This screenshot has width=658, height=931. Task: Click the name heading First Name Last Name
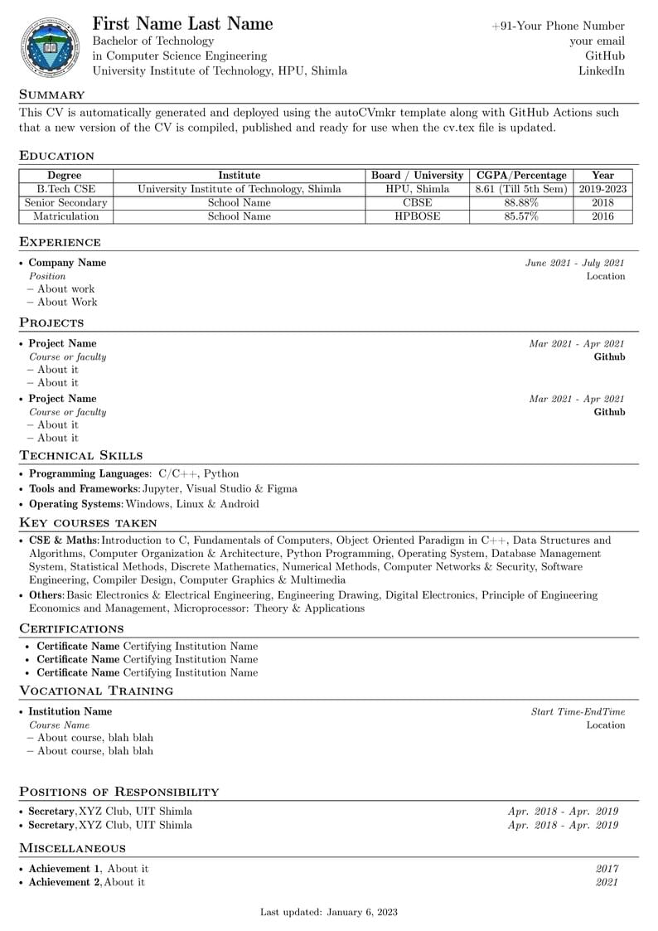coord(182,23)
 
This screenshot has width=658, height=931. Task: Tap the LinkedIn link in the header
coord(601,70)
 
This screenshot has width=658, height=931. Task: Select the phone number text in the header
coord(558,26)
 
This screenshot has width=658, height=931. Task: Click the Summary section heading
coord(51,95)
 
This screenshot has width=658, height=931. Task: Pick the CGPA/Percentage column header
coord(521,175)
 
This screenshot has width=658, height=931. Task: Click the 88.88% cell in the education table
coord(521,202)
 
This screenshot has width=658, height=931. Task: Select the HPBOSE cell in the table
coord(417,216)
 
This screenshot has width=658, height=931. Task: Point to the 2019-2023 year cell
coord(602,189)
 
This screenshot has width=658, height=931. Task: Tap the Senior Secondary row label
coord(65,202)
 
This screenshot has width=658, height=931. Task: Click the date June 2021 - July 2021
coord(574,263)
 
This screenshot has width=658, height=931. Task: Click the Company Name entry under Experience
coord(67,263)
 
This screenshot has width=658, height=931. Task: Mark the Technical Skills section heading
coord(80,455)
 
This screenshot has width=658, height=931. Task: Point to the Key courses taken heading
coord(88,522)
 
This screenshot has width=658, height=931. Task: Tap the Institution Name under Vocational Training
coord(70,711)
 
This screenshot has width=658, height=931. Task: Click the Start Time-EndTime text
coord(578,711)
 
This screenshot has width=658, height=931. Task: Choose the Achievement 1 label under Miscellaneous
coord(65,868)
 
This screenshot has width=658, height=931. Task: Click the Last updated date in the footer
coord(328,912)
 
